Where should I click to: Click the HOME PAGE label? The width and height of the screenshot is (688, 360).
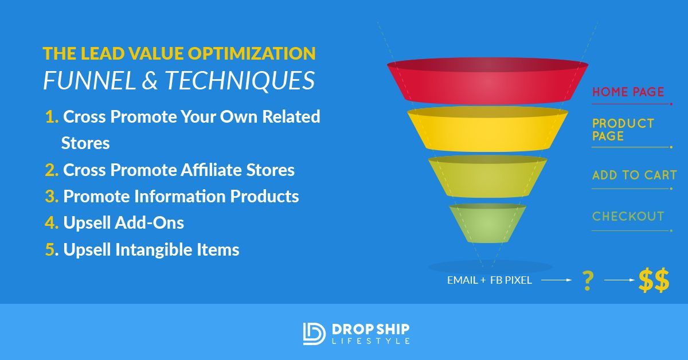pyautogui.click(x=628, y=92)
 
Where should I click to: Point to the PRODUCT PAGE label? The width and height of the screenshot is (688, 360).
pyautogui.click(x=623, y=130)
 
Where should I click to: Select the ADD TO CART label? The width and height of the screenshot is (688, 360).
pyautogui.click(x=634, y=175)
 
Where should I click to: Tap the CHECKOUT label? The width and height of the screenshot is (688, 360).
pyautogui.click(x=628, y=217)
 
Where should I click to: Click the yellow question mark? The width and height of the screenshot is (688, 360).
pyautogui.click(x=587, y=281)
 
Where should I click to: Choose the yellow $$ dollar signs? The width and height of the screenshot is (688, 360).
pyautogui.click(x=654, y=281)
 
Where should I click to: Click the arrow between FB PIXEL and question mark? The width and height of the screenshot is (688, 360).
pyautogui.click(x=556, y=281)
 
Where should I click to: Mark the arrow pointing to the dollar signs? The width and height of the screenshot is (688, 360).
pyautogui.click(x=620, y=281)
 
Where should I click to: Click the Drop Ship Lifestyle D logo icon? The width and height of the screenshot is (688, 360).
pyautogui.click(x=314, y=334)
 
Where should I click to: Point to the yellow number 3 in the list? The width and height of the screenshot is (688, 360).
pyautogui.click(x=52, y=196)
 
